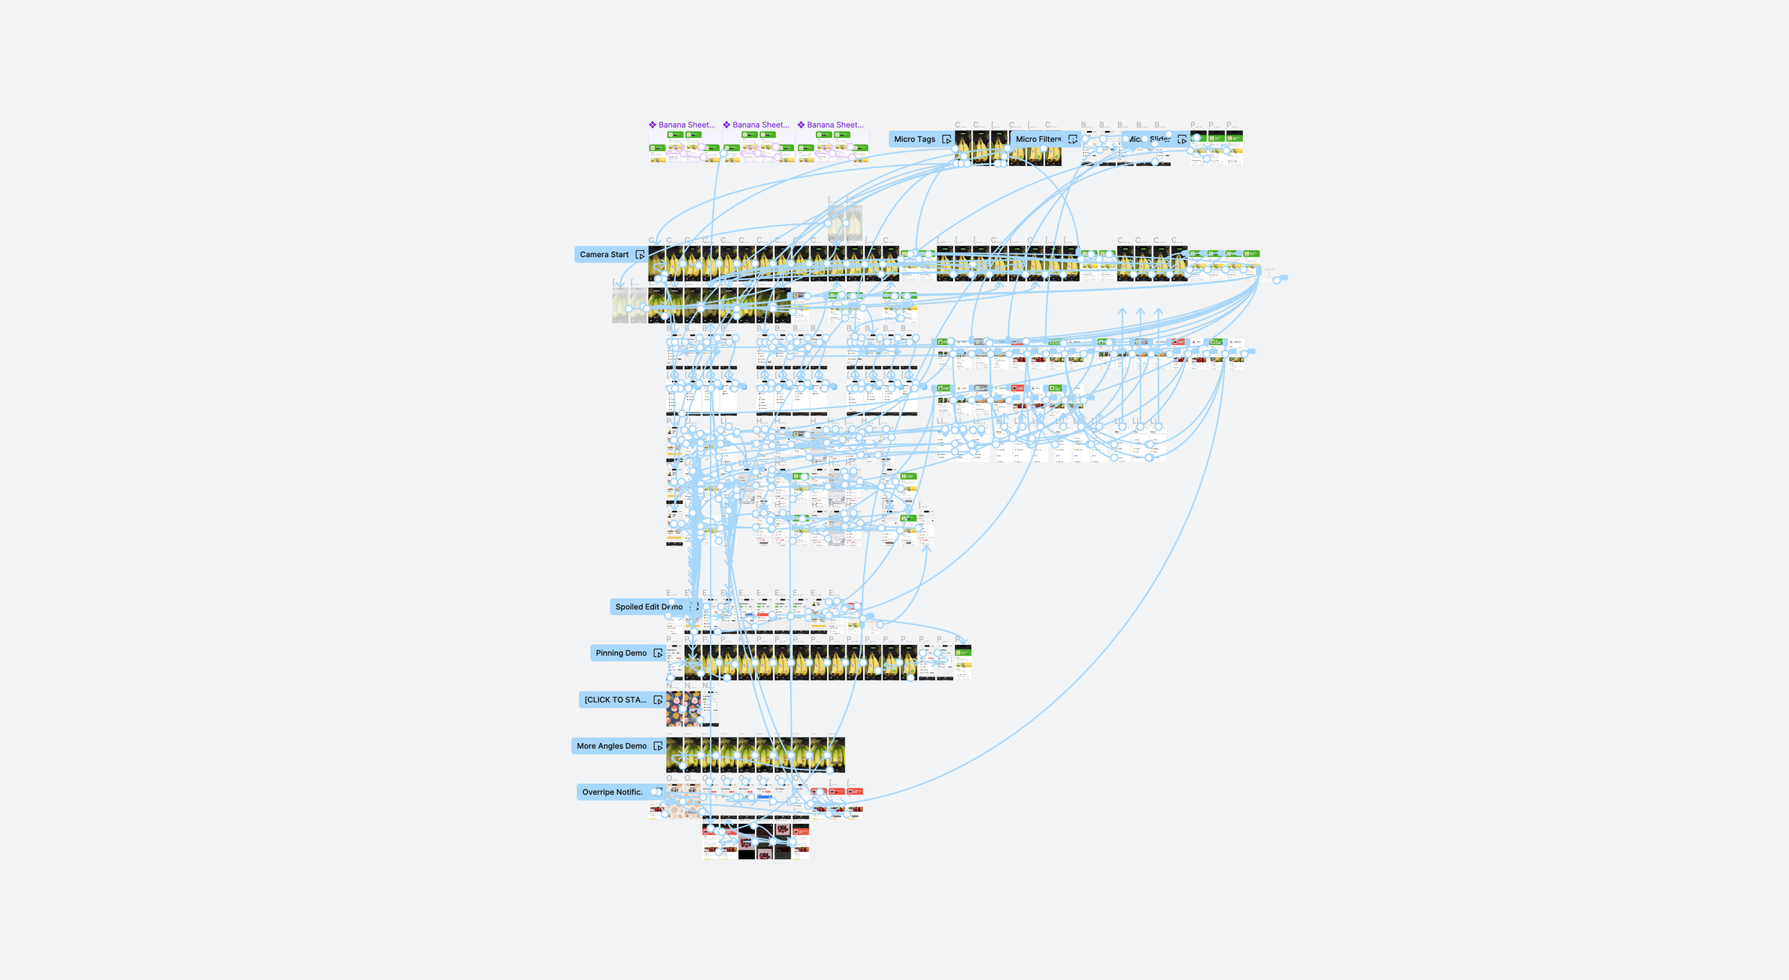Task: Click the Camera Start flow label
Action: tap(604, 255)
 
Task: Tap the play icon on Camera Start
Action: tap(640, 255)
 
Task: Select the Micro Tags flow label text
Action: tap(915, 140)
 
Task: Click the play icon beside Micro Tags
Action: tap(947, 140)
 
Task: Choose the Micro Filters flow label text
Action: tap(1038, 140)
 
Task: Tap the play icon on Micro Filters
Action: tap(1072, 140)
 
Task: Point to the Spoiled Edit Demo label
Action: tap(648, 607)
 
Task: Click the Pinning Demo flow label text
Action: tap(621, 653)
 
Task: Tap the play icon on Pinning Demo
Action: tap(658, 653)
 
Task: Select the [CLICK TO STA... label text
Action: tap(615, 700)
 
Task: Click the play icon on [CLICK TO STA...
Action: tap(658, 700)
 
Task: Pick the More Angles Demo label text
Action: tap(612, 746)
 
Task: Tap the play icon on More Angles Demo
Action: tap(658, 746)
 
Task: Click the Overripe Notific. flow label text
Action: tap(613, 792)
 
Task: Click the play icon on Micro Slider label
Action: tap(1181, 140)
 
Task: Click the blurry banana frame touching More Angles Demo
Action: tap(674, 756)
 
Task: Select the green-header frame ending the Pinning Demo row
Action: tap(963, 662)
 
